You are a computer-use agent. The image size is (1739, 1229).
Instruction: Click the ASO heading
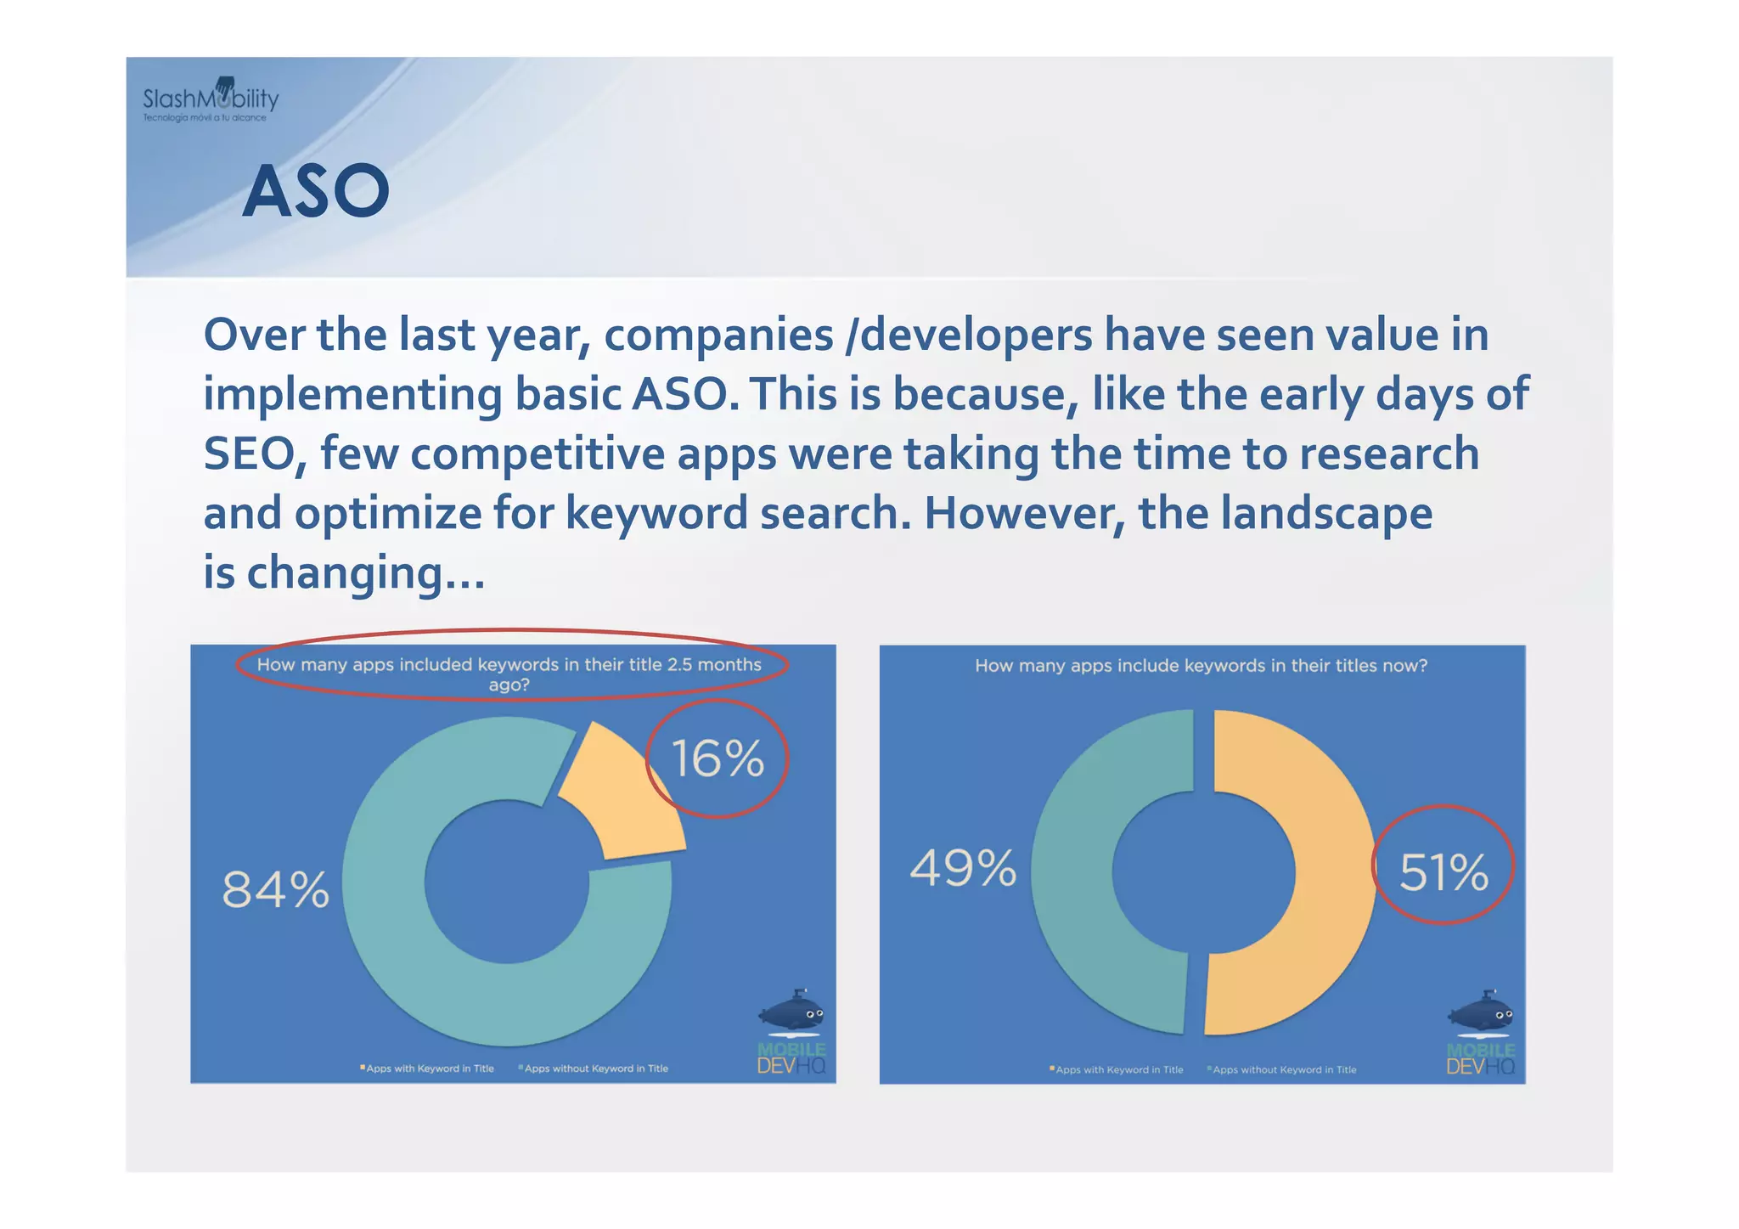[316, 192]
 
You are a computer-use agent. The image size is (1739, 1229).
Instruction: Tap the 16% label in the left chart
[718, 758]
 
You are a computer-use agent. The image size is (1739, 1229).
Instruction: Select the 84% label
[275, 890]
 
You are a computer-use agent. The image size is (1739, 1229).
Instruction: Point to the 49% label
[963, 868]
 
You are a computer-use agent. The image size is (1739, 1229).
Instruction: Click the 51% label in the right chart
[1444, 872]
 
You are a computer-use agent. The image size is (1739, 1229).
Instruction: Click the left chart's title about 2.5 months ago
[509, 674]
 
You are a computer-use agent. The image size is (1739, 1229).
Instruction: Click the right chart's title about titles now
[1201, 666]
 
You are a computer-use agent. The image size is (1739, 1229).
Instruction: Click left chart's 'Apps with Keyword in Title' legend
[428, 1068]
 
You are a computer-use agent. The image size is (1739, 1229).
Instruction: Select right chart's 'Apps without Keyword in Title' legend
[1283, 1070]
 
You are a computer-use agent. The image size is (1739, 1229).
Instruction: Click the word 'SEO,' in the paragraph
[254, 454]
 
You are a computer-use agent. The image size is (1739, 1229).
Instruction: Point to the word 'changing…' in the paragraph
[365, 572]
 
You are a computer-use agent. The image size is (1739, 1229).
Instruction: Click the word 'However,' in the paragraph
[1023, 513]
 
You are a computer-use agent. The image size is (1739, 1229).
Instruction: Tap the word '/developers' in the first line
[969, 335]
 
